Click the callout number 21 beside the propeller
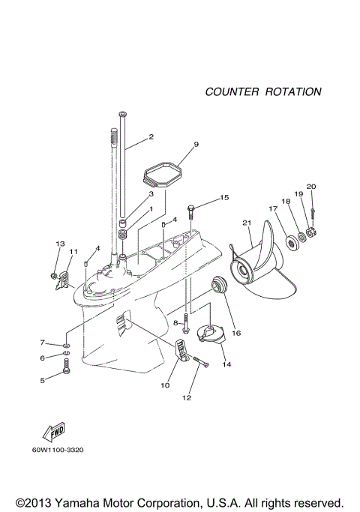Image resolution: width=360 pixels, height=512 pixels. click(x=245, y=223)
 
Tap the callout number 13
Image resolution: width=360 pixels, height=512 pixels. click(x=60, y=244)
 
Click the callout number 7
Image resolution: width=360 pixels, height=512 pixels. click(x=43, y=343)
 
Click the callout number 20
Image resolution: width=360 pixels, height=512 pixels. click(x=311, y=187)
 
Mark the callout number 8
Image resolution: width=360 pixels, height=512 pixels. click(x=177, y=322)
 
